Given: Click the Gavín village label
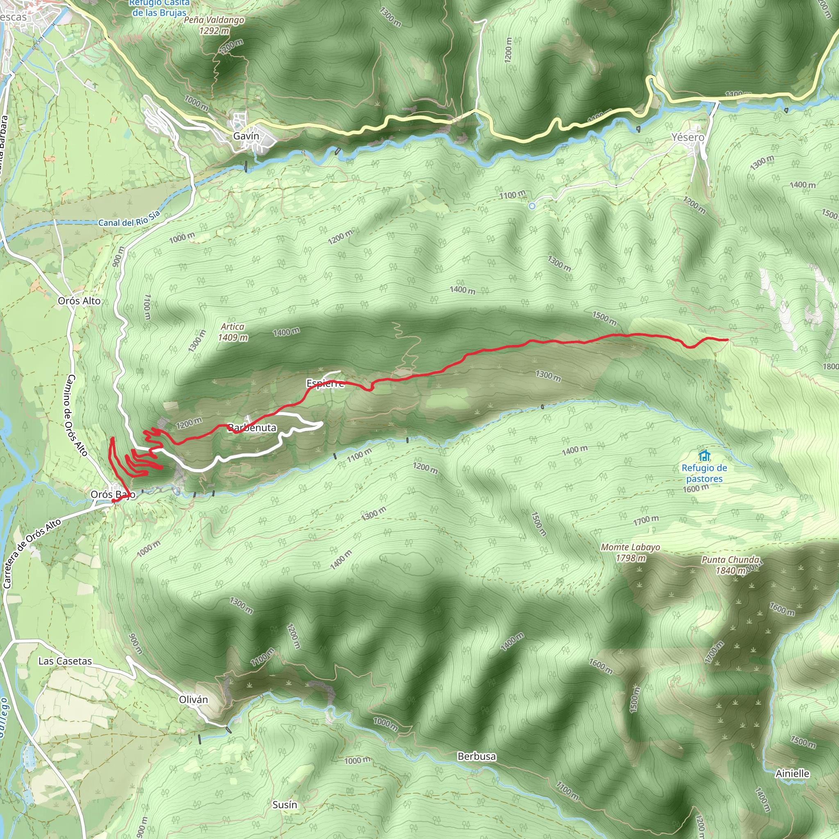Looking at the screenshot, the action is (246, 136).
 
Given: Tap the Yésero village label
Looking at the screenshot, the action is (687, 137).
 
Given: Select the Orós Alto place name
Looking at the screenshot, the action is (79, 301).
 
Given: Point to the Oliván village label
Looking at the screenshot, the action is (193, 700).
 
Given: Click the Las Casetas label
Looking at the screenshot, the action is (65, 661).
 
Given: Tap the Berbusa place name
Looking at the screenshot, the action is (476, 756).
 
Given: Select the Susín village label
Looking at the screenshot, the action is (284, 805).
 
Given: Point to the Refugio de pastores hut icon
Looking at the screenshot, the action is (704, 456).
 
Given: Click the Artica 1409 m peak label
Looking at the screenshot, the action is (233, 332).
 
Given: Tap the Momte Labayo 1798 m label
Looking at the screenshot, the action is (630, 552).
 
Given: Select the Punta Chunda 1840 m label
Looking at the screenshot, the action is (730, 565).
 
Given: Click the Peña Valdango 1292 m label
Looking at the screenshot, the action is (214, 25).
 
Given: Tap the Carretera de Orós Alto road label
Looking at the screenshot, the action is (32, 554).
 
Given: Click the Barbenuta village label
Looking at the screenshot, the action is (252, 428).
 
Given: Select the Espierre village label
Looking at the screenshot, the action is (325, 383).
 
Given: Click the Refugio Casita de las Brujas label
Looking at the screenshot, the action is (159, 8).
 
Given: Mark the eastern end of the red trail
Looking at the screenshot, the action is (727, 340).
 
